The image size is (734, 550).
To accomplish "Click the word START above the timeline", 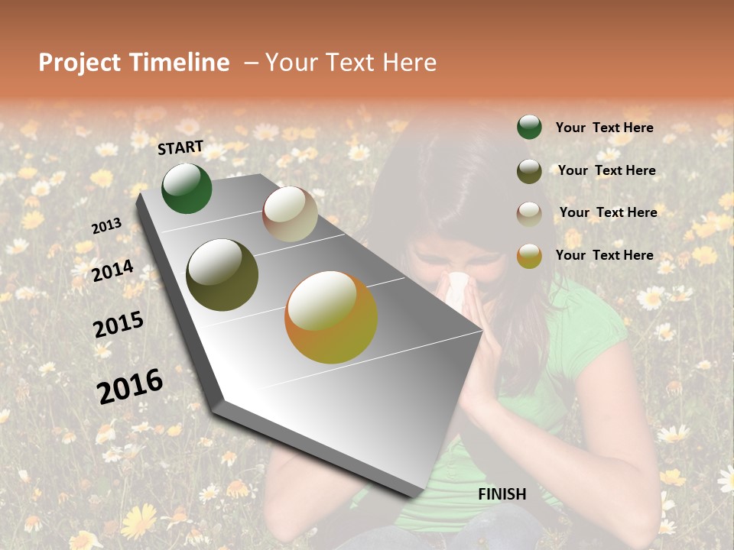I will (180, 147).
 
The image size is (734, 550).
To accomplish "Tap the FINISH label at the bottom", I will (502, 494).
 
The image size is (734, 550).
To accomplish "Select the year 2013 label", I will (106, 226).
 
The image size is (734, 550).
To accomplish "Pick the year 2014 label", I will (112, 270).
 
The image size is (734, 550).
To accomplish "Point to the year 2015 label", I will (118, 325).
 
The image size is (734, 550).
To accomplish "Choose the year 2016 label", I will (130, 386).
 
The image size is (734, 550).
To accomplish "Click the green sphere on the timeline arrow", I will (187, 189).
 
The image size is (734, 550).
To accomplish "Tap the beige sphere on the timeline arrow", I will (290, 214).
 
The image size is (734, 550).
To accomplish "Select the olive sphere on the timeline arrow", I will (222, 275).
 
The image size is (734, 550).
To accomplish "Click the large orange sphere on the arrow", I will (331, 317).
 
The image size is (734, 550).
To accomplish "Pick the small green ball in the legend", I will (529, 127).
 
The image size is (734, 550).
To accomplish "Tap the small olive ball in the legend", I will (529, 170).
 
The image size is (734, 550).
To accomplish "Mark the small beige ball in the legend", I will (529, 213).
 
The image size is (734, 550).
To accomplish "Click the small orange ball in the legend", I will (529, 255).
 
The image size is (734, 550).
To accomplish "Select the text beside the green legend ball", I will (604, 128).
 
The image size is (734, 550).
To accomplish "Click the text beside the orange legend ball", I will (604, 255).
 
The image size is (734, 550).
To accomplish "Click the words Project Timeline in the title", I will (134, 63).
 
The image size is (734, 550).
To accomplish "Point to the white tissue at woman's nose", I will (459, 289).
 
